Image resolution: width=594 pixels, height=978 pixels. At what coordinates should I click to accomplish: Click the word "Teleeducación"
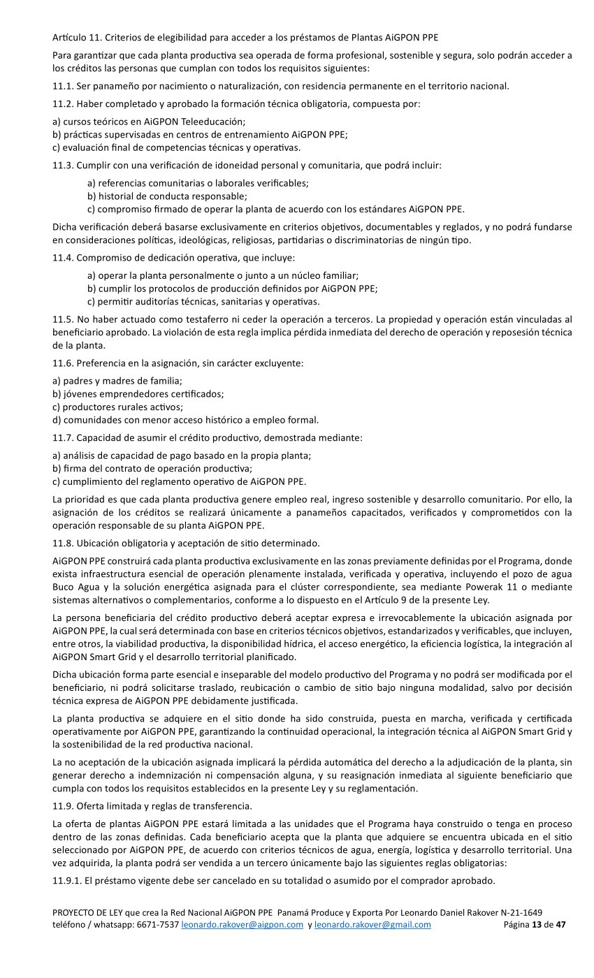[x=194, y=121]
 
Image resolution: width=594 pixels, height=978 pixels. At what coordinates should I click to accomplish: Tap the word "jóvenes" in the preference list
[x=82, y=393]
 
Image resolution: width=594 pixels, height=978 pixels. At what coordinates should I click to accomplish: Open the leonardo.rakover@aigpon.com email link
[x=242, y=924]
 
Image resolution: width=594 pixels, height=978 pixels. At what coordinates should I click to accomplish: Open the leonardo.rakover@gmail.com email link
[x=372, y=924]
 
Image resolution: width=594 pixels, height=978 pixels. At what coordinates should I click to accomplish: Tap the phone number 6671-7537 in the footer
[x=158, y=924]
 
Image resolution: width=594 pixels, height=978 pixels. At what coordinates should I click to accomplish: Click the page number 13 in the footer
[x=537, y=924]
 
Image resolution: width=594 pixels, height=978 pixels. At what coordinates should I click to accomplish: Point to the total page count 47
[x=560, y=924]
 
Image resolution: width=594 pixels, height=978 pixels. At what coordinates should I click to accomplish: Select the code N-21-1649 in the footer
[x=518, y=912]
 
